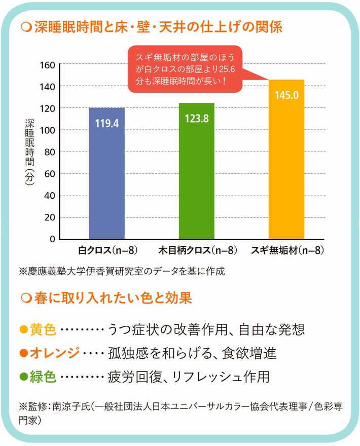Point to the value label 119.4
point(106,123)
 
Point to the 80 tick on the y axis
point(49,152)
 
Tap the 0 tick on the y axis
point(51,239)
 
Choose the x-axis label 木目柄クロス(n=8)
point(198,250)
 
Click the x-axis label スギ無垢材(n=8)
point(287,250)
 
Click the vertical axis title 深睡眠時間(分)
point(29,152)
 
